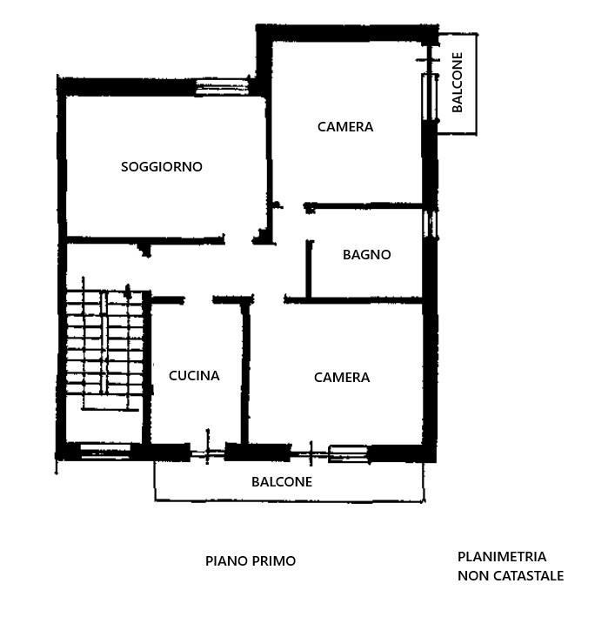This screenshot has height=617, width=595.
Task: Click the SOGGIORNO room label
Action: (162, 167)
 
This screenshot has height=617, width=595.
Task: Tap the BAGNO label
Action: (366, 255)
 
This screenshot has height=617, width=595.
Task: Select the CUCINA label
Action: (194, 376)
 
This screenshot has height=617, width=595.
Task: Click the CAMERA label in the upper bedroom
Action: (345, 127)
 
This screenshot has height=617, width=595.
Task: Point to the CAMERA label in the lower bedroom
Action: (342, 378)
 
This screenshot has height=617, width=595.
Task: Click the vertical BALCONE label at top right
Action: (457, 83)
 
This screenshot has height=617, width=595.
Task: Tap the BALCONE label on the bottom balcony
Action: (282, 481)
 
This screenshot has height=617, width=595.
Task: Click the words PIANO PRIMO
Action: (251, 560)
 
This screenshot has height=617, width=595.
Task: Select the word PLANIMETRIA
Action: (502, 557)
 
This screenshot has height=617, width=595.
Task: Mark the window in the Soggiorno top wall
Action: (222, 87)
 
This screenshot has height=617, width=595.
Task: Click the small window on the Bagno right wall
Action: (431, 224)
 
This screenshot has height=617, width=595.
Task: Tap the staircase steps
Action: (104, 342)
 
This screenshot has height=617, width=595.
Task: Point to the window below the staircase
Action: (105, 451)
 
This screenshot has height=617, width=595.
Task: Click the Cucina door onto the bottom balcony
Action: (207, 453)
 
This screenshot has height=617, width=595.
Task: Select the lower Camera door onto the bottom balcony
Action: (311, 453)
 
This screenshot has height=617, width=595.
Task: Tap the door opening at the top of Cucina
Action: (198, 300)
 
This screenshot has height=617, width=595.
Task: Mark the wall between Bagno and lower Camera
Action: (353, 300)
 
